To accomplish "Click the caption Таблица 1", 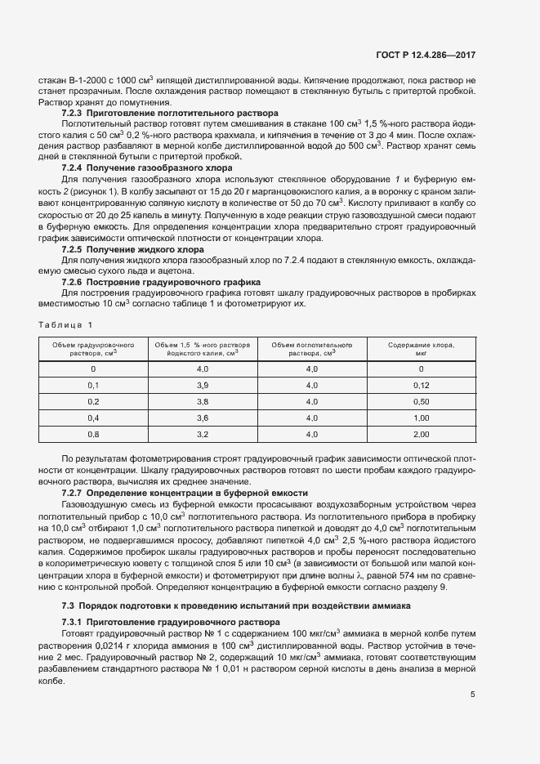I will pyautogui.click(x=66, y=326).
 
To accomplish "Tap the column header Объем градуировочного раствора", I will pyautogui.click(x=92, y=349).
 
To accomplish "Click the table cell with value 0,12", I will pyautogui.click(x=421, y=385).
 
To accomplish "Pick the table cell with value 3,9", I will pyautogui.click(x=203, y=385).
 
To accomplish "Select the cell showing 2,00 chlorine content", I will pyautogui.click(x=421, y=434).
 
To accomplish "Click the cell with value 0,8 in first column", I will pyautogui.click(x=92, y=434).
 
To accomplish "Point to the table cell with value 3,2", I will pyautogui.click(x=203, y=434).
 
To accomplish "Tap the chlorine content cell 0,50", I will pyautogui.click(x=421, y=401).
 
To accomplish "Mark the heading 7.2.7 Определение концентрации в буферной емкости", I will pyautogui.click(x=185, y=494).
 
